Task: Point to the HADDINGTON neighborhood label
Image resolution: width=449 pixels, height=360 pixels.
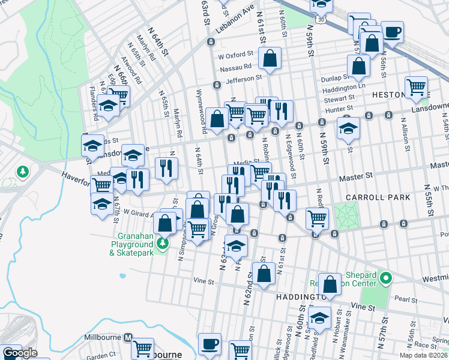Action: click(x=300, y=297)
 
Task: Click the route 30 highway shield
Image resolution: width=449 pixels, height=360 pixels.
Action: click(x=322, y=20)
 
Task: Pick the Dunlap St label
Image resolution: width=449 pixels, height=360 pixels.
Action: click(x=335, y=78)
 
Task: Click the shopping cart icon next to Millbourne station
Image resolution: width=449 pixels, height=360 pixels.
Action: click(x=143, y=348)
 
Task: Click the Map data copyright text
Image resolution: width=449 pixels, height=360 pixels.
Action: click(x=424, y=355)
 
